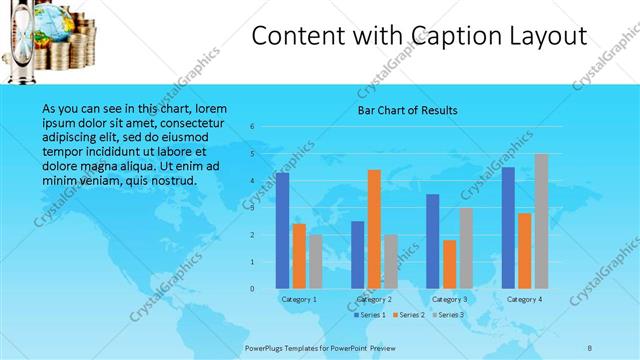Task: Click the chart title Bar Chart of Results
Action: point(408,110)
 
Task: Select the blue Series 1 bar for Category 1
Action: point(283,230)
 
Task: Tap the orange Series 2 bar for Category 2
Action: point(374,229)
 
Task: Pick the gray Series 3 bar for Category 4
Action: point(541,221)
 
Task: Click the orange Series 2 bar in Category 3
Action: point(450,264)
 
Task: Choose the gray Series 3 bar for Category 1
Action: point(315,262)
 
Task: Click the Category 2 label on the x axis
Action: point(374,299)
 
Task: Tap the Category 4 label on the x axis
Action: point(524,299)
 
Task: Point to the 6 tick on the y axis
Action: point(252,127)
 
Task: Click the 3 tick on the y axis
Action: point(252,208)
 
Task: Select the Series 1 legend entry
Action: point(368,315)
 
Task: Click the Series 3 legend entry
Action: point(447,315)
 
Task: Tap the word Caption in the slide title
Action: point(451,36)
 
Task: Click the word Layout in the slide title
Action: point(542,36)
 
